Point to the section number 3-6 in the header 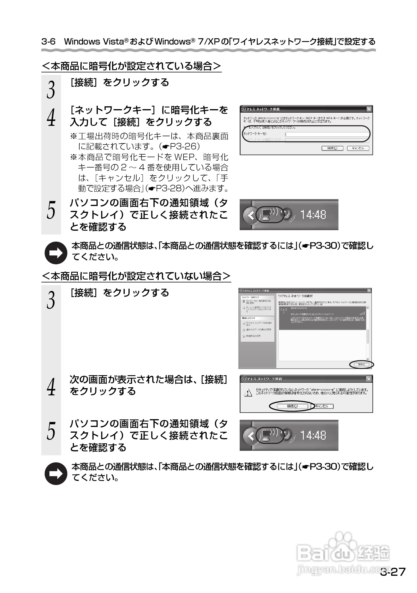pos(48,42)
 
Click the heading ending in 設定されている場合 pos(132,66)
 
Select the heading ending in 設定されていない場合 pos(136,276)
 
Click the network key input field pos(327,134)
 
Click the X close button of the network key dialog pos(369,109)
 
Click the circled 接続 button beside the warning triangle pos(292,406)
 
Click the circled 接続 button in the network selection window pos(361,364)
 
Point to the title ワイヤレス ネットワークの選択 pos(295,296)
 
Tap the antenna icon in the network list pos(284,311)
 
